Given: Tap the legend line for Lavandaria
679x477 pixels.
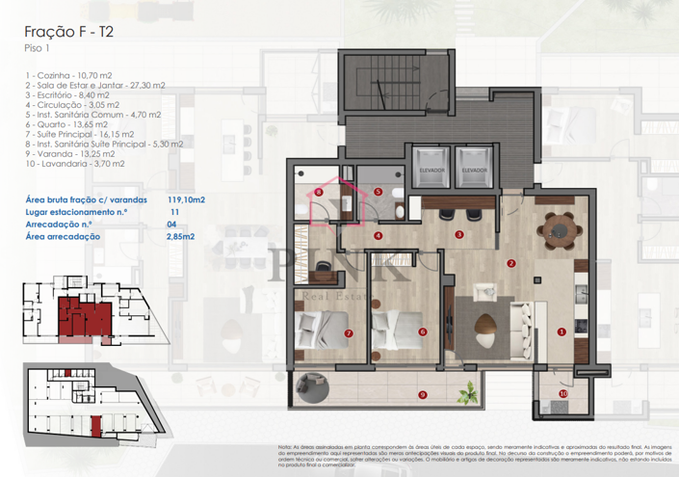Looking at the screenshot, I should click(79, 165).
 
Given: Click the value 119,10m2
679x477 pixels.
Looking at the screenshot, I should click(187, 199).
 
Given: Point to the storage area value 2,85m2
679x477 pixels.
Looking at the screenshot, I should click(181, 235).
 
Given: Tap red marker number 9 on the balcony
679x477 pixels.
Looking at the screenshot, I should click(422, 394).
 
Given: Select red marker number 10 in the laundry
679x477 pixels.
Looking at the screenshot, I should click(563, 393).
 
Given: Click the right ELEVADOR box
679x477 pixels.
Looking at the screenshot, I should click(473, 165).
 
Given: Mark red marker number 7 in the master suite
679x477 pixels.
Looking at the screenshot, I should click(348, 334).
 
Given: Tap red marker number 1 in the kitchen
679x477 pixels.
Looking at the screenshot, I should click(561, 332).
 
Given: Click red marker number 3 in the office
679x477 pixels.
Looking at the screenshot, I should click(459, 234).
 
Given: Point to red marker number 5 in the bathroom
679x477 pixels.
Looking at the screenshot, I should click(378, 192).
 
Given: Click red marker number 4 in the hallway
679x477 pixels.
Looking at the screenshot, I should click(378, 234).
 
